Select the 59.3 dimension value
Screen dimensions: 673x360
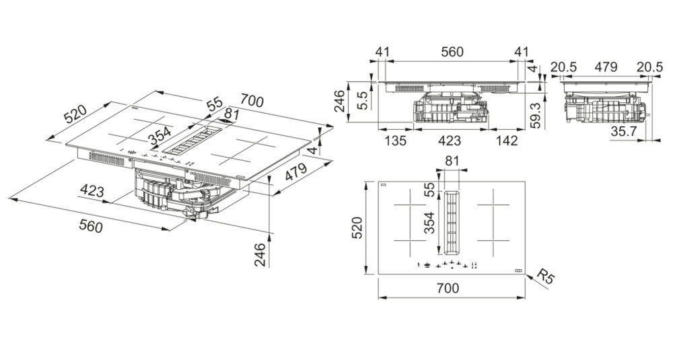[x=535, y=114]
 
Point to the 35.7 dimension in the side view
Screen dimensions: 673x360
[x=623, y=132]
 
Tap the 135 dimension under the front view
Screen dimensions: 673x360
[x=395, y=140]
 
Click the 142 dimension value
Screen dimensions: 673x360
[x=507, y=140]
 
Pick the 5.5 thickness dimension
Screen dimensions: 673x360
[x=363, y=100]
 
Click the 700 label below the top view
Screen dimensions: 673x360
[x=448, y=288]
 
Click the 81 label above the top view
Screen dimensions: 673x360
[x=452, y=161]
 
